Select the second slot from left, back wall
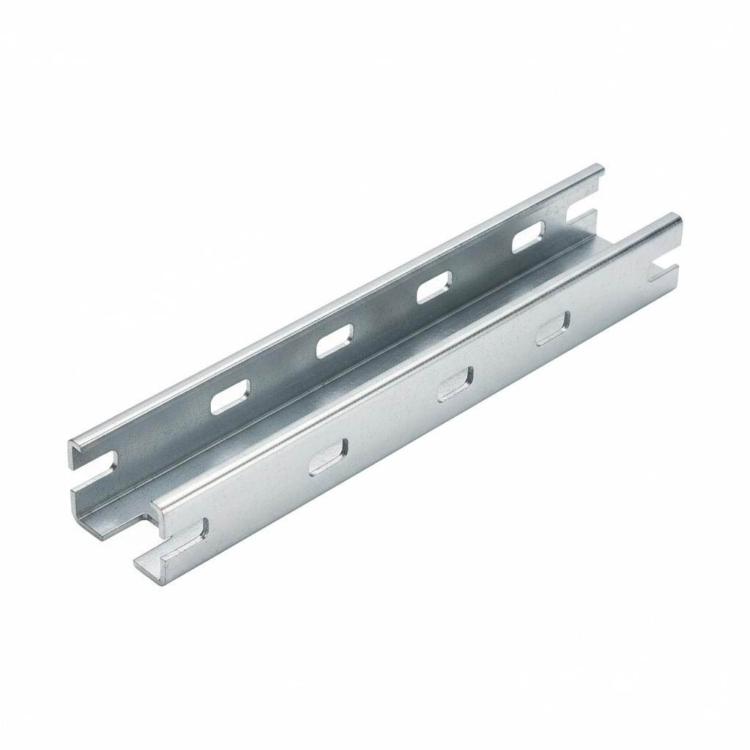(335, 341)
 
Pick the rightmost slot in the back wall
(529, 237)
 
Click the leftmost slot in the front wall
(327, 458)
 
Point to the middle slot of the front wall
(455, 385)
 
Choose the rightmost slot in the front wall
(553, 328)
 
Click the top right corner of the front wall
(678, 218)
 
